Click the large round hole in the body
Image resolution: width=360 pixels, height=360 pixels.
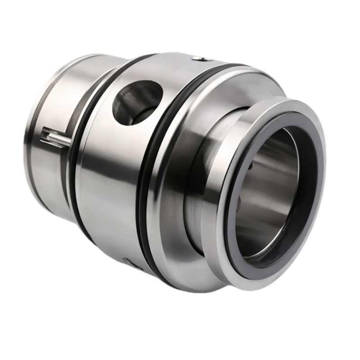tap(137, 102)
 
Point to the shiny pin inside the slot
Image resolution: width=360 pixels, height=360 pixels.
tap(56, 137)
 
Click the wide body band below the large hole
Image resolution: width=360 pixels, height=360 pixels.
tap(112, 189)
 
